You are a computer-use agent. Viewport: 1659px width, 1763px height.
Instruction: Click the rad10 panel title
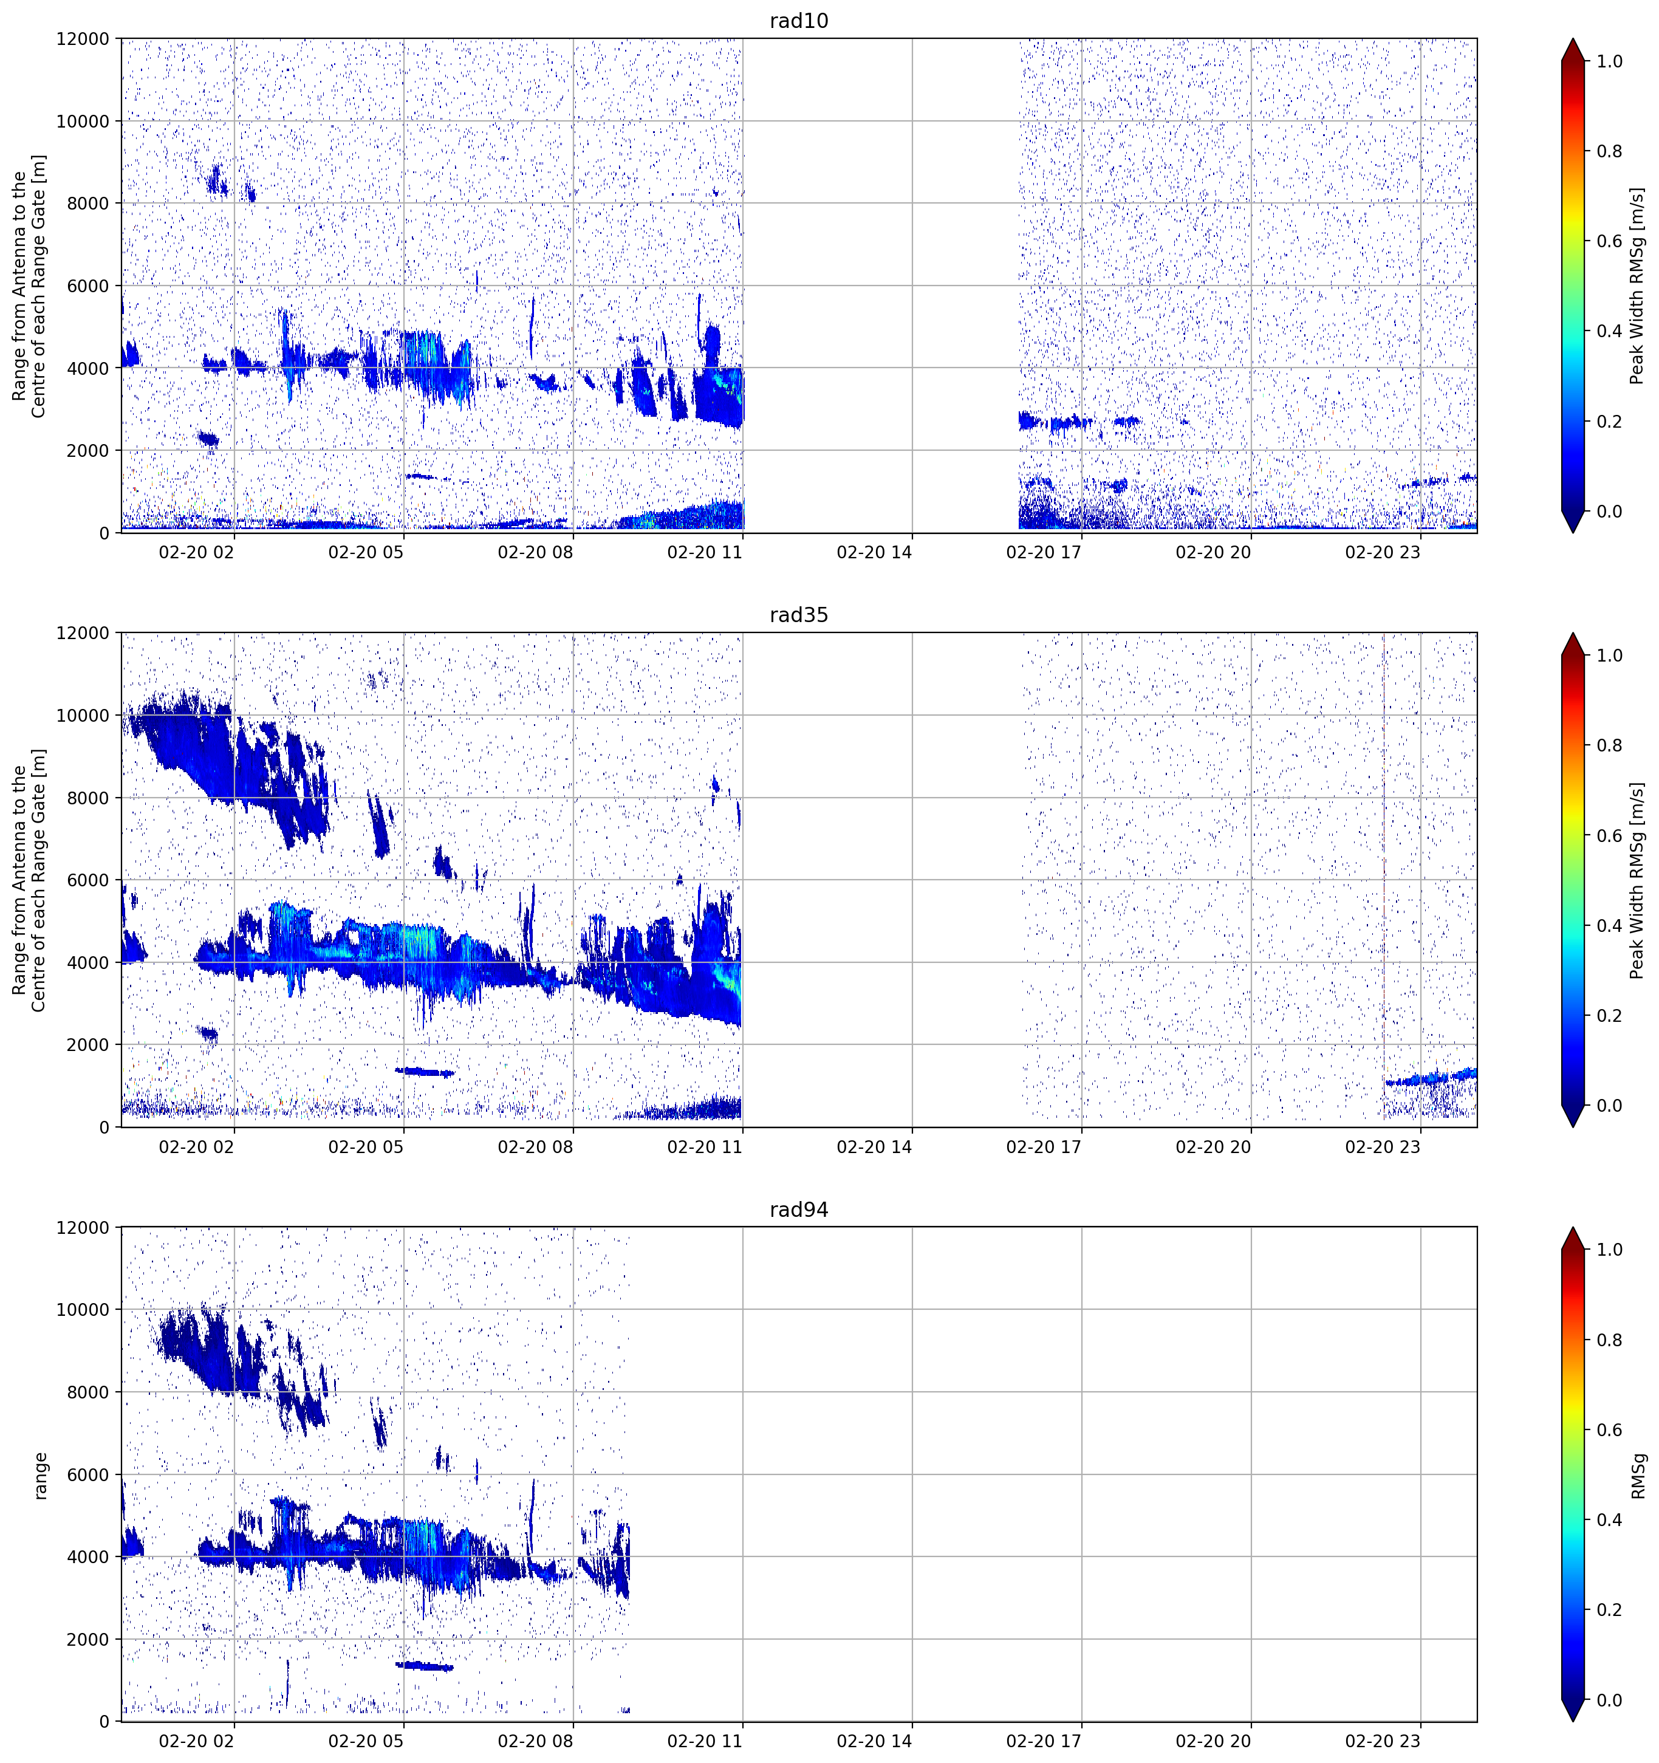click(x=798, y=21)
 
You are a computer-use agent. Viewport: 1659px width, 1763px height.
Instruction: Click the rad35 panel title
click(x=798, y=615)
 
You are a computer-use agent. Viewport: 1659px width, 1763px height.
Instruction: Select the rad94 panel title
click(x=798, y=1210)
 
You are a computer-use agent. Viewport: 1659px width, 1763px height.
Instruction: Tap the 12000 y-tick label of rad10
click(x=83, y=39)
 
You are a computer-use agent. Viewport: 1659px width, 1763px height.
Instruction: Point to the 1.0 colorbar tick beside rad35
click(x=1609, y=656)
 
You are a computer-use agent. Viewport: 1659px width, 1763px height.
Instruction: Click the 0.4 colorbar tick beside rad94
click(x=1609, y=1520)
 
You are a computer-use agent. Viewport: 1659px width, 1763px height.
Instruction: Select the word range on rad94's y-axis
click(x=40, y=1476)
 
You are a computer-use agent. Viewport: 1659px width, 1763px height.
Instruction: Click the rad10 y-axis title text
click(x=29, y=286)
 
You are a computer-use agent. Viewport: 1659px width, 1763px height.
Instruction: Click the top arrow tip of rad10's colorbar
click(x=1572, y=39)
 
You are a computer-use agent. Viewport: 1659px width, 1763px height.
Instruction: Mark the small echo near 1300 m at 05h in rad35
click(x=424, y=1072)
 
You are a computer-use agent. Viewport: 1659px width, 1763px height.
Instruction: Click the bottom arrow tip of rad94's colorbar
click(x=1572, y=1720)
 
